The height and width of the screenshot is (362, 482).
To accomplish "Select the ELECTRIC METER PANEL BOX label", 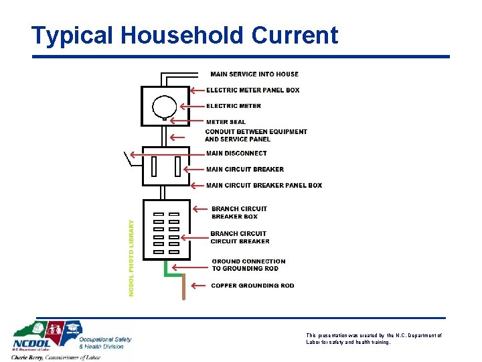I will coord(252,90).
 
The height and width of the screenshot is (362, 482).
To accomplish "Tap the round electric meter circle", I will coord(164,106).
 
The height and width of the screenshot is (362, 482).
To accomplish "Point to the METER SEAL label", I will coord(226,122).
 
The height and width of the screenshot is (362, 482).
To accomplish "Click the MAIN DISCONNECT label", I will coord(236,154).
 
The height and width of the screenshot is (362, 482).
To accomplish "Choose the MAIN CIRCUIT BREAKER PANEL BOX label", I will coord(264,186).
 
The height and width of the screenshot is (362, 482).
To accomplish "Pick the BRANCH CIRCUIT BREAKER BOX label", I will coord(239,213).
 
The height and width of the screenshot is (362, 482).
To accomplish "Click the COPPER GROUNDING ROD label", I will coord(252,286).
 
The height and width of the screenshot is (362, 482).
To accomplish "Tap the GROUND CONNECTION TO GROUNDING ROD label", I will coord(248,265).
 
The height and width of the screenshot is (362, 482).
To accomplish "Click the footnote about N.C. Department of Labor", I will coord(374,339).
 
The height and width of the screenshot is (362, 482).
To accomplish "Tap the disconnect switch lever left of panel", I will coord(128,160).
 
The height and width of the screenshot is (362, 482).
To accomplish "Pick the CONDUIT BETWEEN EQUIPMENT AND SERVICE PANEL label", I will coord(256,135).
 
